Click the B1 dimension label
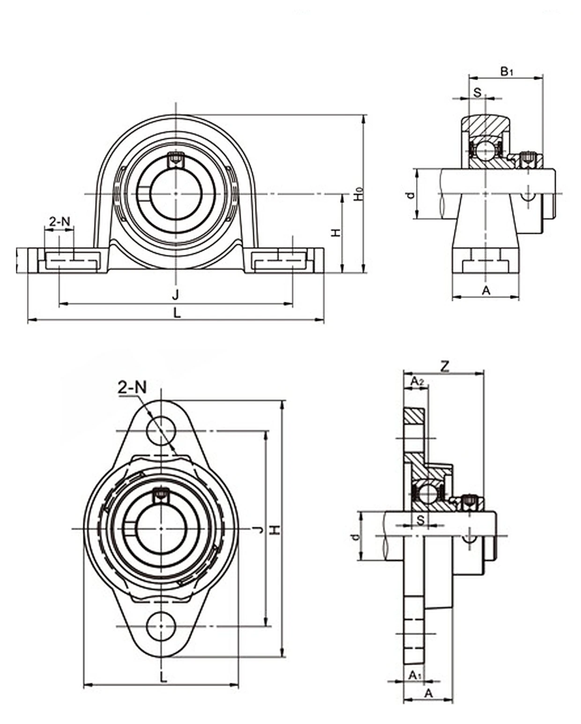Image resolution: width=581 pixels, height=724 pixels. [x=507, y=72]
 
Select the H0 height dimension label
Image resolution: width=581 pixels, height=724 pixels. [x=360, y=194]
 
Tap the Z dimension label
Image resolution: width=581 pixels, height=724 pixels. [x=445, y=366]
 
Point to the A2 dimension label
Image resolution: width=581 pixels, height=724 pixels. [x=417, y=381]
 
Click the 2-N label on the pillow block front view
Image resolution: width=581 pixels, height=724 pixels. [x=60, y=221]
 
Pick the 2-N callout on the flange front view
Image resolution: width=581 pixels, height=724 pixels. [x=132, y=388]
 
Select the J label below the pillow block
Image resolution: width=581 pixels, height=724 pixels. [x=175, y=295]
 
